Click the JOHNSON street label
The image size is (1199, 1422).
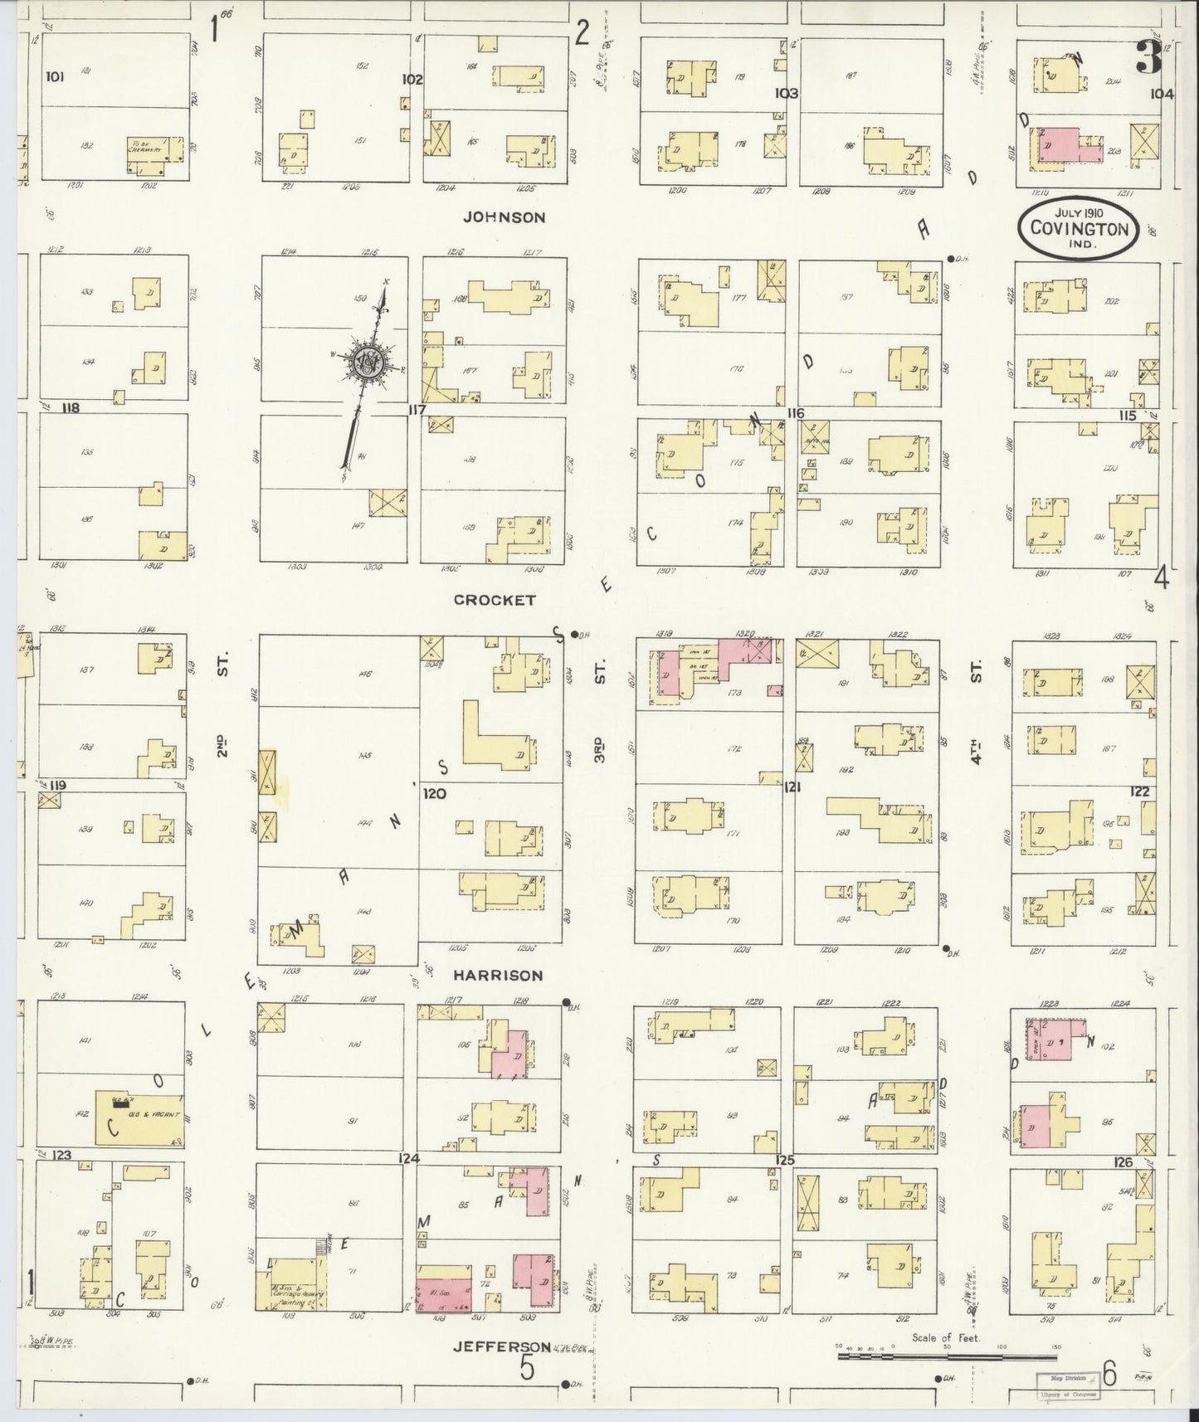tap(504, 217)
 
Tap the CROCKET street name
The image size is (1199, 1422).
tap(495, 600)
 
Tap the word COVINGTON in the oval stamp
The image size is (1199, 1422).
tap(1080, 230)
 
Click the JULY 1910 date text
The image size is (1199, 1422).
tap(1079, 213)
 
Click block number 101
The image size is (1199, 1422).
tap(55, 77)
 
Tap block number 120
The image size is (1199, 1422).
tap(435, 793)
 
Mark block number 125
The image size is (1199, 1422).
tap(784, 1160)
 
